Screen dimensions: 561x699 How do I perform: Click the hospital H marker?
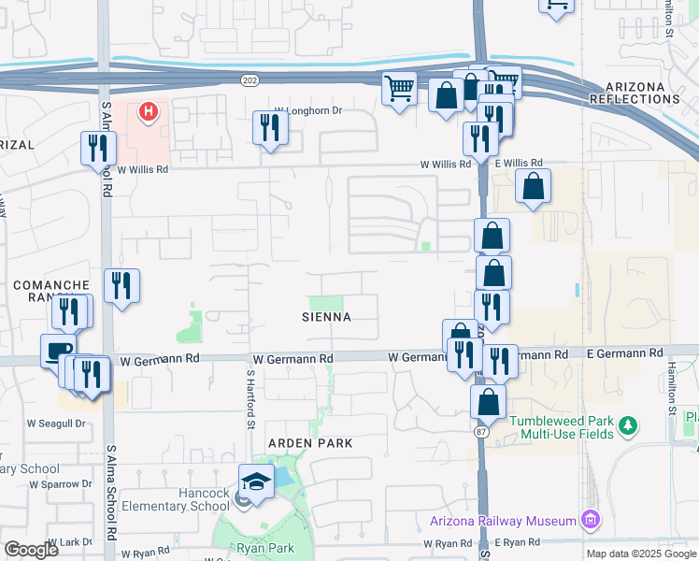148,113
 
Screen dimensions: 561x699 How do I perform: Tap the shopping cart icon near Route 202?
400,90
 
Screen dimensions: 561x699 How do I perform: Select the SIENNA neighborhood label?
326,317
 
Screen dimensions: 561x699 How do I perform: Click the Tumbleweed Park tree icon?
629,426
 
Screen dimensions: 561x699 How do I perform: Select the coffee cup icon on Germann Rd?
58,352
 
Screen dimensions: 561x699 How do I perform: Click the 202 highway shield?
246,80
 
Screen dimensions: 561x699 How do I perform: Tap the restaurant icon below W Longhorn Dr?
270,128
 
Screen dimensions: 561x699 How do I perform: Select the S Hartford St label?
250,399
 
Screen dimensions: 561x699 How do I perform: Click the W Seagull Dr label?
55,423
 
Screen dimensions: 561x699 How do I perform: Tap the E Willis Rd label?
515,165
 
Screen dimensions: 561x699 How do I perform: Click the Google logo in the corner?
31,549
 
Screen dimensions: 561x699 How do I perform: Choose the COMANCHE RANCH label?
51,290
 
